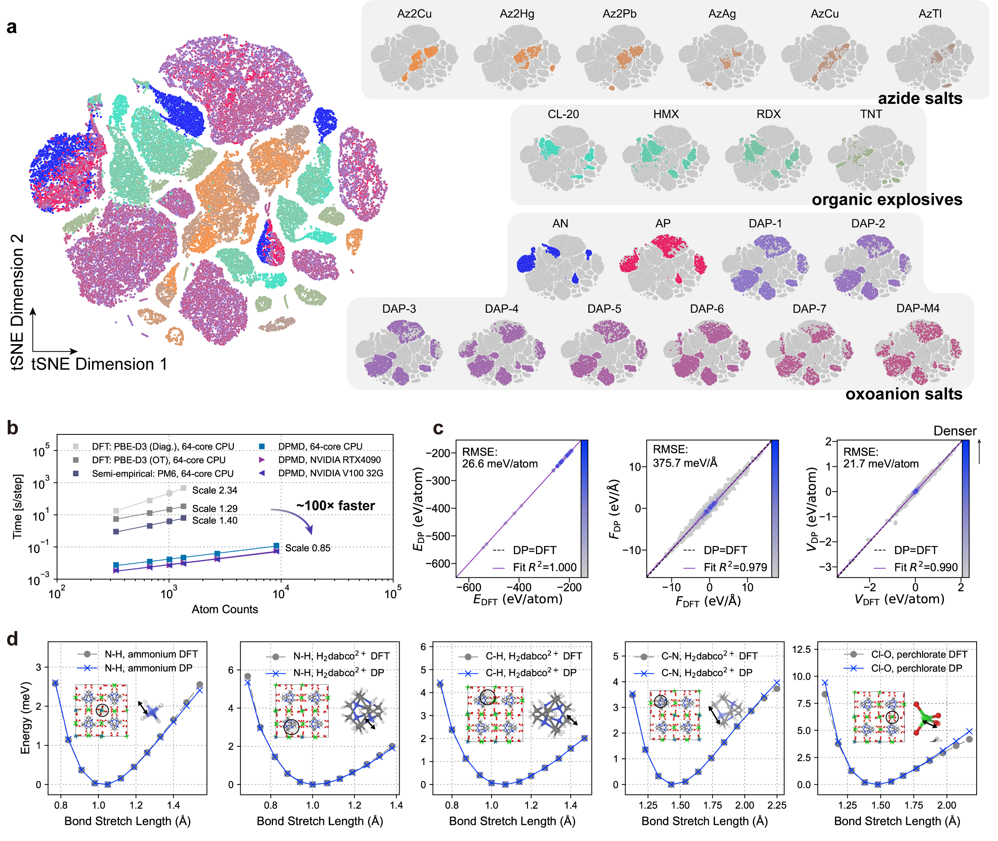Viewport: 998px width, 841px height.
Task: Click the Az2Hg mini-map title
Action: pos(517,14)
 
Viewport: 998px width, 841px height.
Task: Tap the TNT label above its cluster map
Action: pos(871,114)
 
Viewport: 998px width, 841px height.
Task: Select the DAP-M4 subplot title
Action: pos(917,308)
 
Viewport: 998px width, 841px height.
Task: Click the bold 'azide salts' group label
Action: pos(920,98)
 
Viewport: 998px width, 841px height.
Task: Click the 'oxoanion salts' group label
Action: pos(904,394)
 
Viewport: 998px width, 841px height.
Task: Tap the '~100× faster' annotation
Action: pos(335,505)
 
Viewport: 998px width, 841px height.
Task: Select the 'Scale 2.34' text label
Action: pos(214,490)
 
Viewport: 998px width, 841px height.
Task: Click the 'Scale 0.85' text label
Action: pos(308,548)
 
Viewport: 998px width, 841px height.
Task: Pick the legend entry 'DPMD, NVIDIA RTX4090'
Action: pos(329,460)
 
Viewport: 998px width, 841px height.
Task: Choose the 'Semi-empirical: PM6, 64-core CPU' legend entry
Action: pos(162,473)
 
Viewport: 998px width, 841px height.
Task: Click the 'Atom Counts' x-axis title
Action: pos(225,609)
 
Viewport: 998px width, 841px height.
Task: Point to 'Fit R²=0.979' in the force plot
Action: pos(735,567)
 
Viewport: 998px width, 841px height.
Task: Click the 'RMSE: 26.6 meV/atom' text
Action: pos(500,458)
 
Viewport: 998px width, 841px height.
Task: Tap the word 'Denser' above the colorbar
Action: pos(954,431)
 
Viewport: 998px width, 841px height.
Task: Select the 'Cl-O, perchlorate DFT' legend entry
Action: pos(919,654)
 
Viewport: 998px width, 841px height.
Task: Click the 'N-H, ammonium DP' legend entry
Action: pos(148,668)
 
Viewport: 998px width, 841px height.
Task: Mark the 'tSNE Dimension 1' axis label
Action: pos(99,364)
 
